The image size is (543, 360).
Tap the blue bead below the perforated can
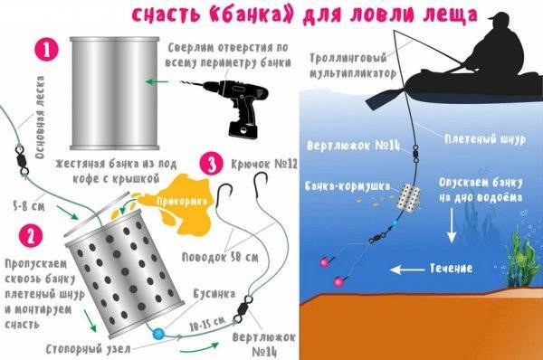pos(157,333)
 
